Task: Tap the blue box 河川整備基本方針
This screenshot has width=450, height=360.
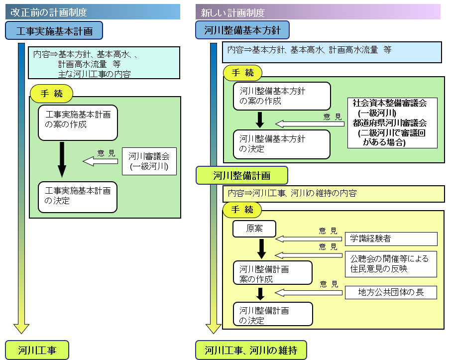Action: click(x=242, y=30)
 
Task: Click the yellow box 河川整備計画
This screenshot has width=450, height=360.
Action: click(x=241, y=175)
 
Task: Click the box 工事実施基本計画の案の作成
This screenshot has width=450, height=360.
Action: click(x=78, y=122)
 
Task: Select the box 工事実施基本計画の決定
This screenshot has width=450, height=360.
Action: click(x=78, y=197)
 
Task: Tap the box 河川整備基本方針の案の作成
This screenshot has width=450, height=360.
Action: click(x=282, y=96)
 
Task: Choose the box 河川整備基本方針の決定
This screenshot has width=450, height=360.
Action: click(x=282, y=144)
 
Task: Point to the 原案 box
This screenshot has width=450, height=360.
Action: click(x=254, y=229)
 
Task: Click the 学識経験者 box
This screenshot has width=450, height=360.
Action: click(x=391, y=239)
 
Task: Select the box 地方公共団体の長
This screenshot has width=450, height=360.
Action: click(x=391, y=292)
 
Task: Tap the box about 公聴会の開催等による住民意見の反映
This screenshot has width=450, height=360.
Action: click(x=391, y=263)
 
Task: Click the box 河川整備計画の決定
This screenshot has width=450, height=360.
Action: click(x=273, y=314)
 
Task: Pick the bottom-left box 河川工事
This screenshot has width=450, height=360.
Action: click(x=37, y=350)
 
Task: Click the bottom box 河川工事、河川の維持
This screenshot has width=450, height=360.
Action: click(x=251, y=350)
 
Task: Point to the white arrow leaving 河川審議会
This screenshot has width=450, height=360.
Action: click(x=102, y=161)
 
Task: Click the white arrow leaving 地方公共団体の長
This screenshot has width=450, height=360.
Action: click(x=309, y=292)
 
